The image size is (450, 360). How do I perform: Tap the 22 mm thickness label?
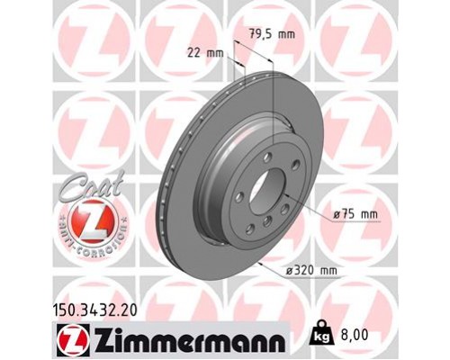(x=205, y=52)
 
